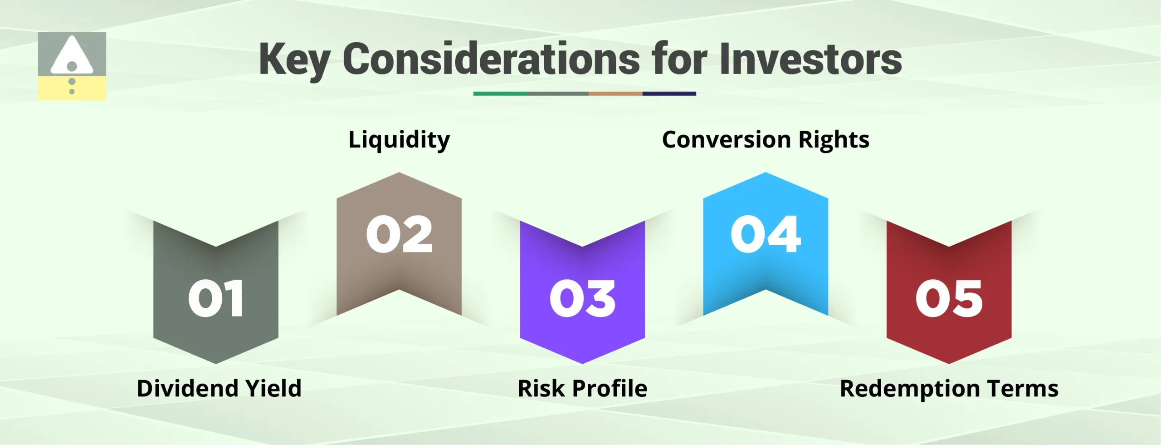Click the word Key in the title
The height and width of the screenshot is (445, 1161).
click(x=294, y=60)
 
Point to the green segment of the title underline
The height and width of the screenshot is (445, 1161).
click(x=500, y=94)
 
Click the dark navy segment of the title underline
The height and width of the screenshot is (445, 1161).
click(x=669, y=94)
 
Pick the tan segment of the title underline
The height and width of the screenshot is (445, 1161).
click(x=615, y=94)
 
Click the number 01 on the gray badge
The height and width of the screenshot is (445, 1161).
click(x=216, y=298)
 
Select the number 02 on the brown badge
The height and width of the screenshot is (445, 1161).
click(x=399, y=234)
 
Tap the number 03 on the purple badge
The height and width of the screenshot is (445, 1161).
click(x=582, y=298)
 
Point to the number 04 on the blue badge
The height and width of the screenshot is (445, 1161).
click(x=766, y=234)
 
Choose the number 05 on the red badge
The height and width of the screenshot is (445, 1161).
click(x=949, y=298)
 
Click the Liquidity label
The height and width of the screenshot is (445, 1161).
click(x=399, y=140)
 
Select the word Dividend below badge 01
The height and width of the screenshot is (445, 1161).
click(x=187, y=389)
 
